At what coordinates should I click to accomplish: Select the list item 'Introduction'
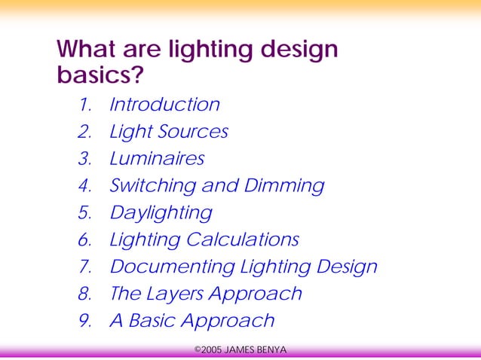click(164, 105)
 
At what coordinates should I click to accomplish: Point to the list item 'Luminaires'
click(157, 159)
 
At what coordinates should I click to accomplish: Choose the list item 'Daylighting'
click(161, 213)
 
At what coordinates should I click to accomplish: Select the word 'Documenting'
click(173, 267)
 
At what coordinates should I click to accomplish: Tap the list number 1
click(84, 105)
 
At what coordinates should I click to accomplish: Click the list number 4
click(84, 186)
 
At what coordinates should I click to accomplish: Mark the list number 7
click(84, 267)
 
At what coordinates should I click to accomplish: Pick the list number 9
click(84, 321)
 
